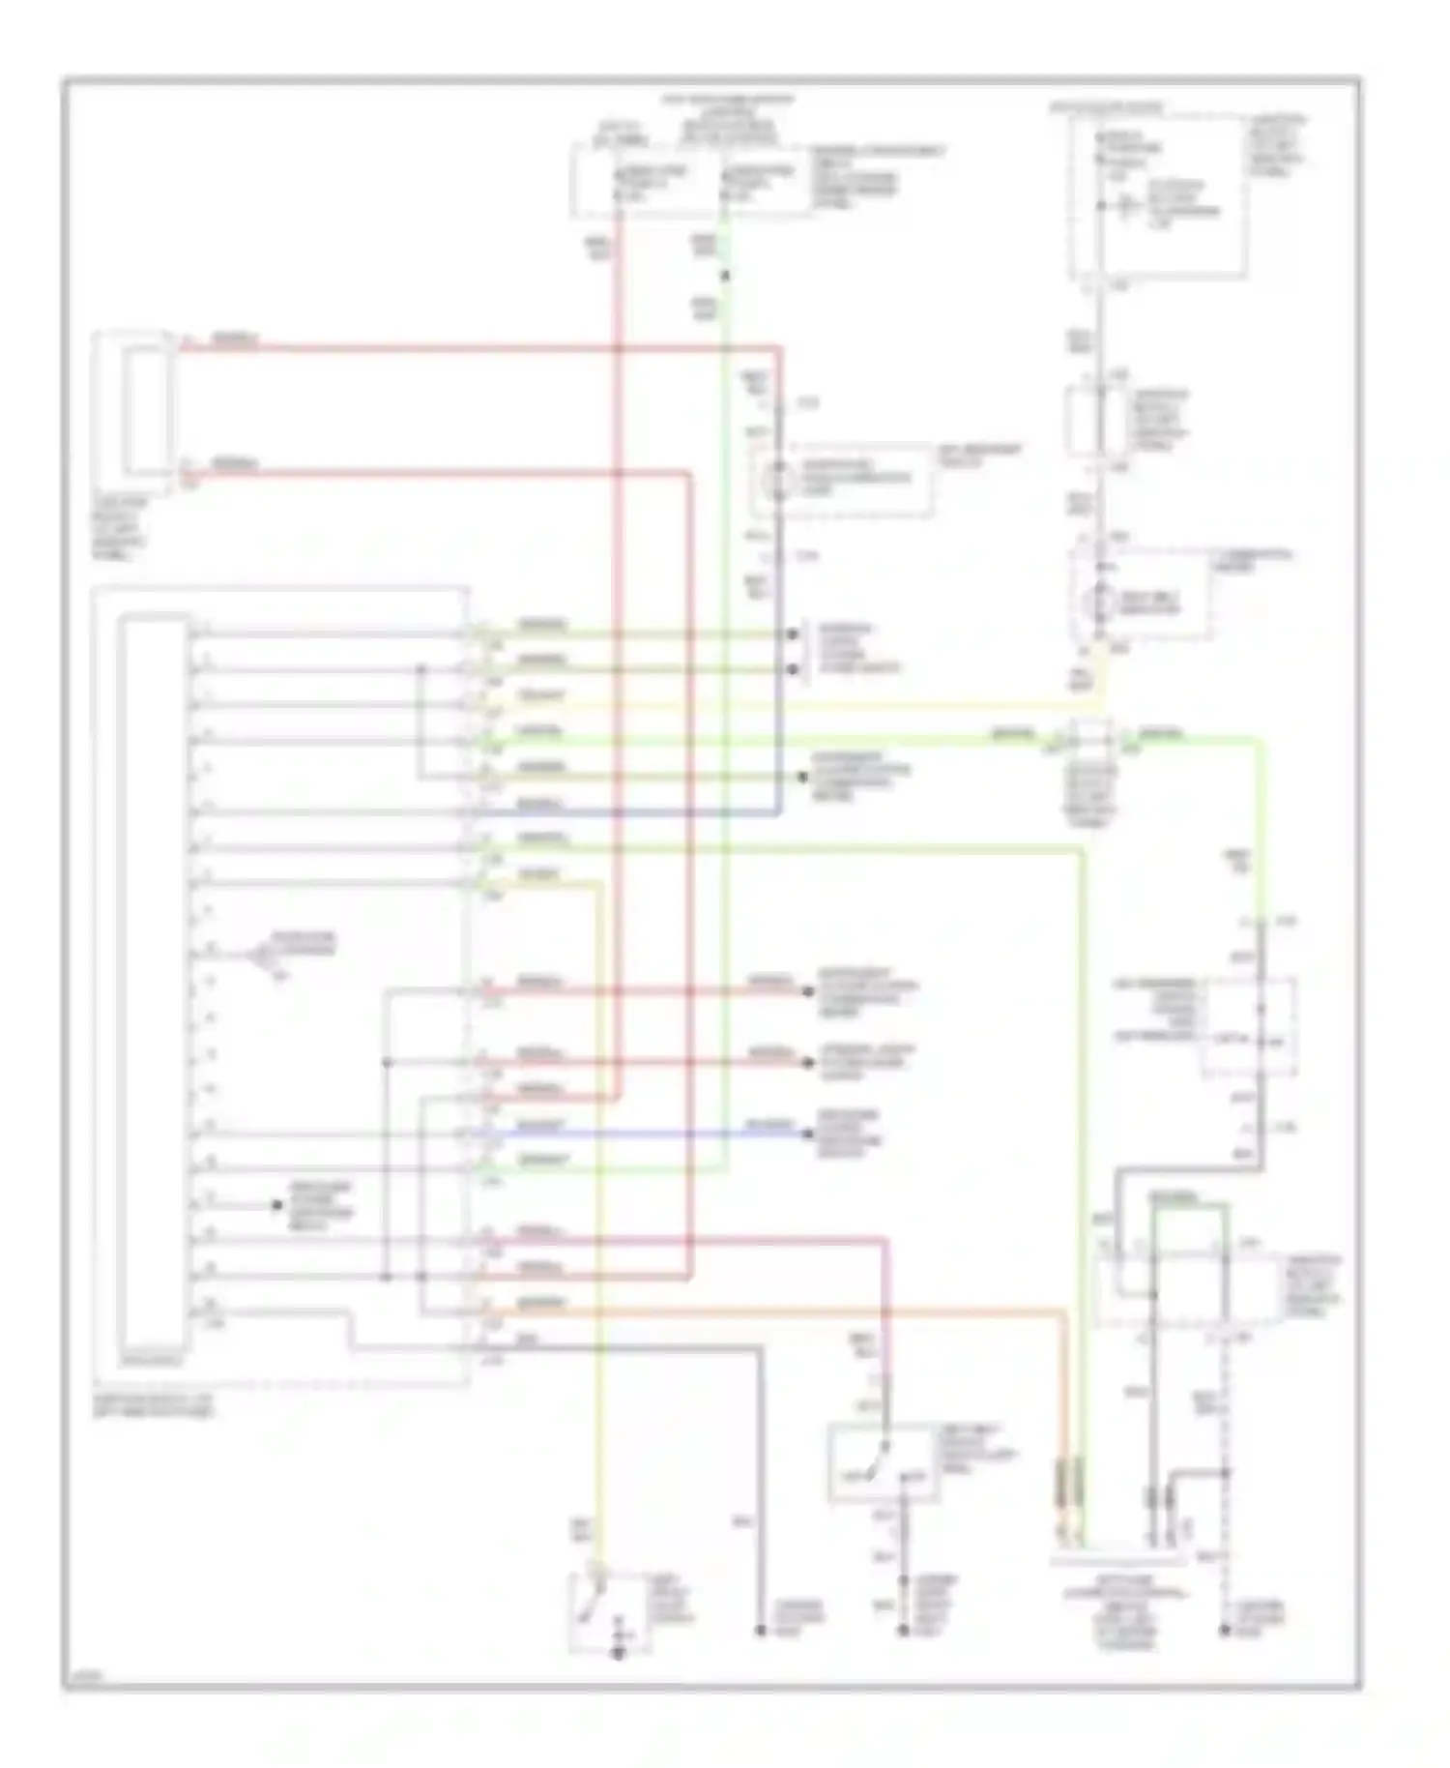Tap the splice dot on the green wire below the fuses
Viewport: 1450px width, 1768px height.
(x=725, y=276)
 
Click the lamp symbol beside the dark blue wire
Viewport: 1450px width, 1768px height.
(x=778, y=479)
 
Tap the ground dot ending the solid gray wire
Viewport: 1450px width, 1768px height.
(x=762, y=1631)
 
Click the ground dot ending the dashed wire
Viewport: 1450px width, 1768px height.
(x=1224, y=1631)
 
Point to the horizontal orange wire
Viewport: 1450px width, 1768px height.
(x=773, y=1311)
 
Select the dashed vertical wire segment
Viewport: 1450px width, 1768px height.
(x=1225, y=1451)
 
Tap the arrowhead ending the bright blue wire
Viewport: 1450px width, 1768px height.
(x=809, y=1133)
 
